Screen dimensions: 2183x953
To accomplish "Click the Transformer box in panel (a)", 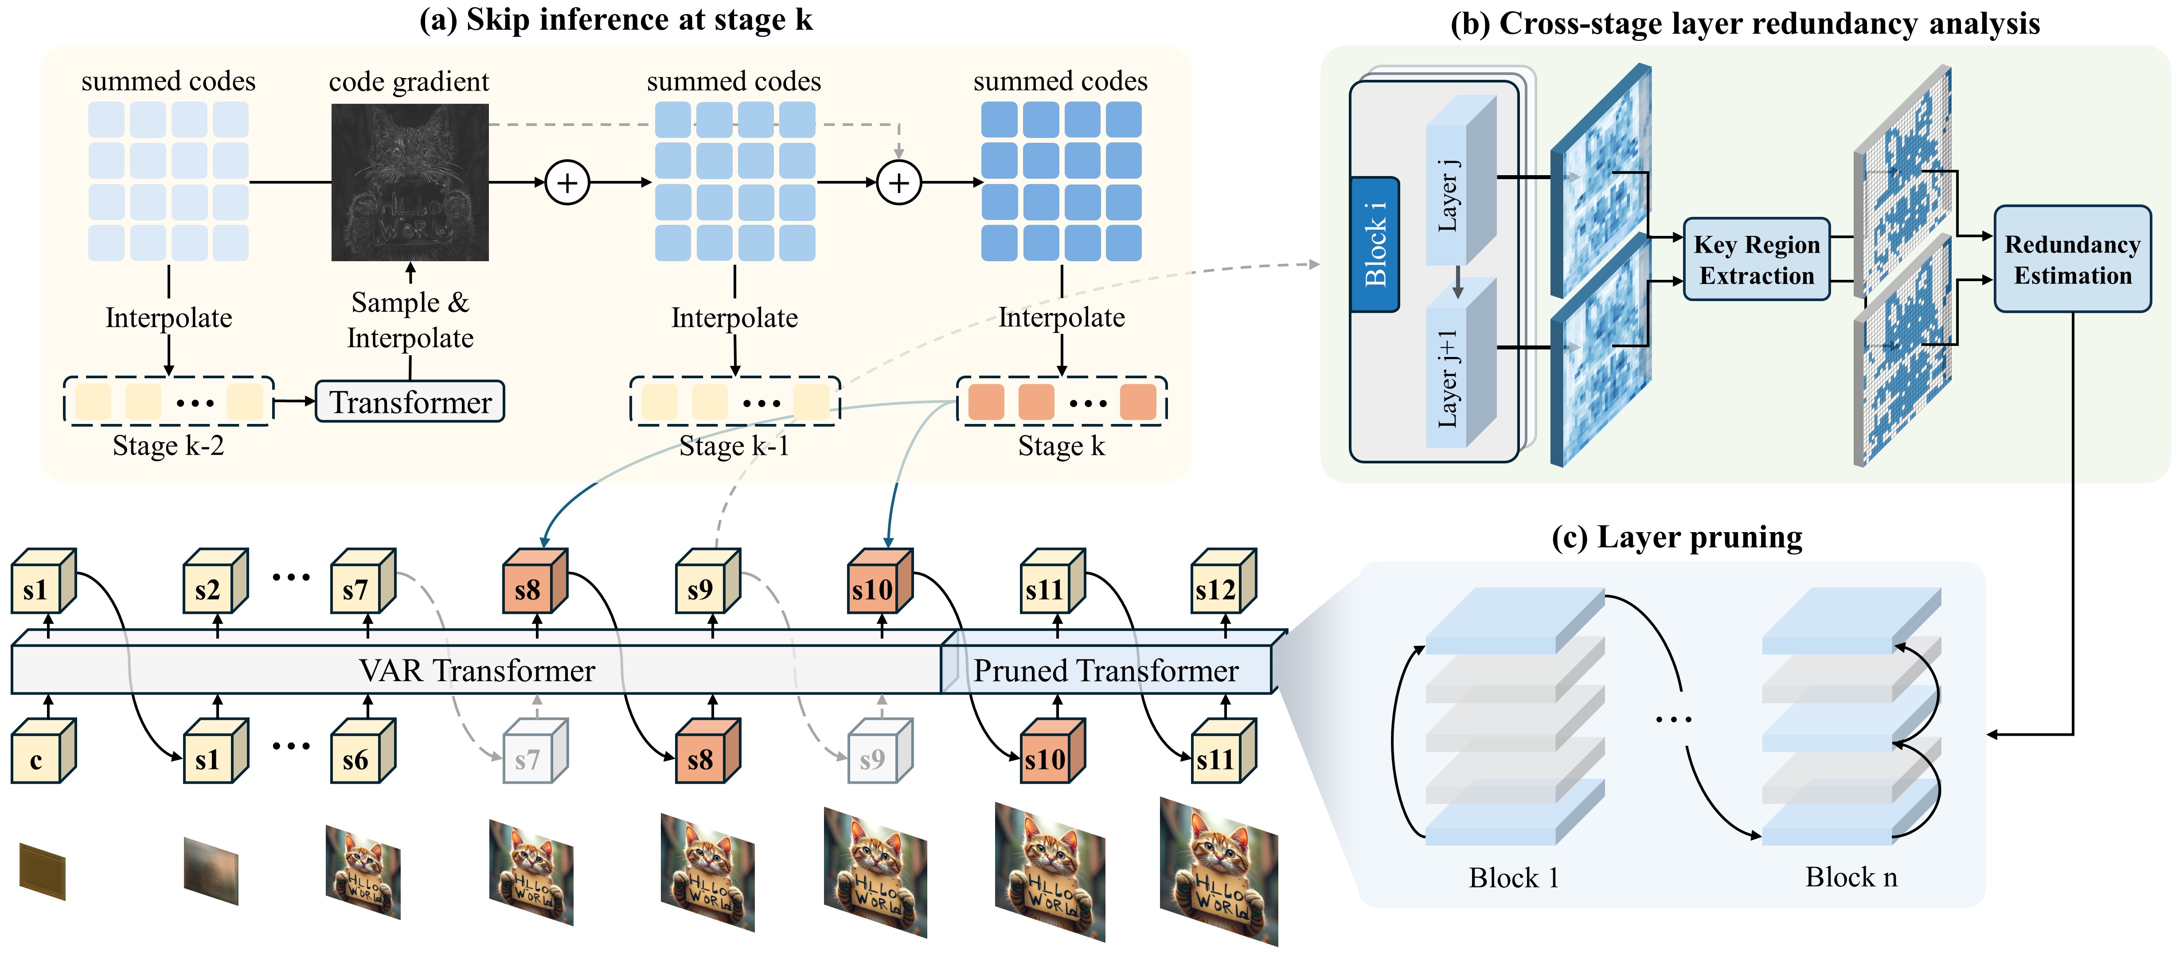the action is click(410, 402).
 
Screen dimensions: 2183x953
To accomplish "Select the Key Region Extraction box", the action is click(1757, 259).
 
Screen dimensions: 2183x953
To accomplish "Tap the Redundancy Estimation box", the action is click(2072, 259).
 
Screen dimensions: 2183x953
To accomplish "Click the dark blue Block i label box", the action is click(1375, 244).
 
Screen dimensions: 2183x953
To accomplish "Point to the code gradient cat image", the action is click(410, 182).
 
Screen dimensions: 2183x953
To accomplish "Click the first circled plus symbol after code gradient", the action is click(567, 182).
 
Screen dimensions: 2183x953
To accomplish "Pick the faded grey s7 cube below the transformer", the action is click(535, 751).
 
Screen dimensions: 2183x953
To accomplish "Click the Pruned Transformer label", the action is click(1106, 671).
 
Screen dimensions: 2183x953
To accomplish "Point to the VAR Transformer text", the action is click(477, 671).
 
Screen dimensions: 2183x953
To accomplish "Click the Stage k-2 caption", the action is click(168, 446).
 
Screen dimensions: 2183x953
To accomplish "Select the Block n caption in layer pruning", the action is click(1851, 877).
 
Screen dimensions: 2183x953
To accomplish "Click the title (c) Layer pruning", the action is click(1677, 537).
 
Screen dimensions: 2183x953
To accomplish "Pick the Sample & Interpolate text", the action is click(410, 320).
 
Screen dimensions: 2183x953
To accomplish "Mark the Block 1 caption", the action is click(1515, 877).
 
